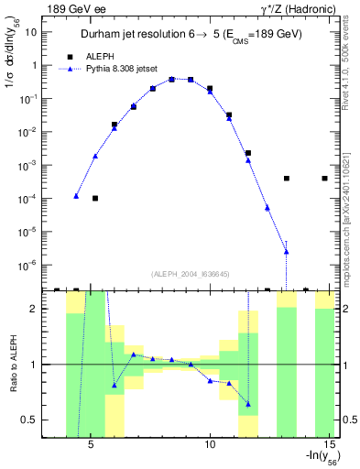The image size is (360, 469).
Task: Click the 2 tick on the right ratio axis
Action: coord(348,309)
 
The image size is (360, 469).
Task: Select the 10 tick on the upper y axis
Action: coord(32,32)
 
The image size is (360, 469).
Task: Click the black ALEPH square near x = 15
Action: coord(325,179)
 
